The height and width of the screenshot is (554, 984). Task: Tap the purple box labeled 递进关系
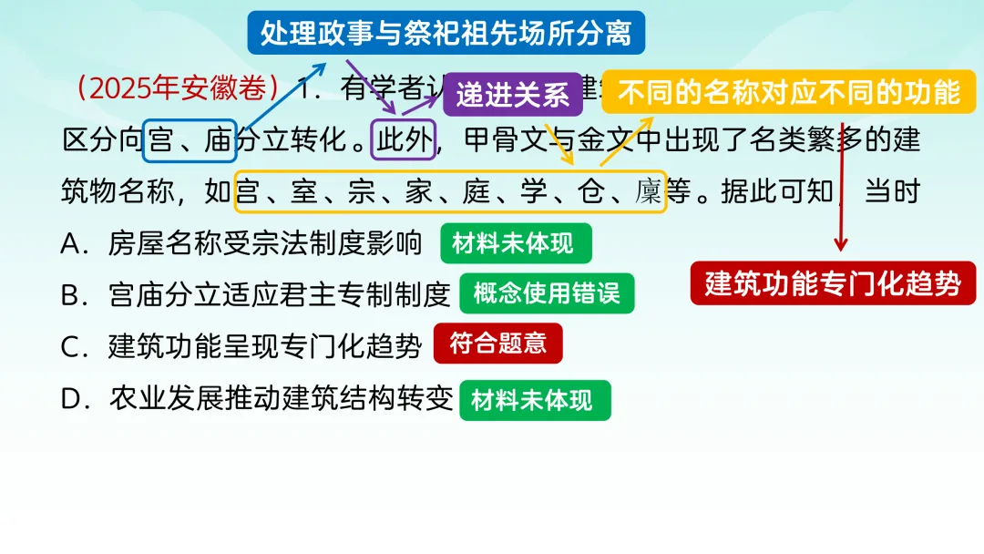click(512, 94)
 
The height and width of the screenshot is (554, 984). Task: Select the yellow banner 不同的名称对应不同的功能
click(788, 92)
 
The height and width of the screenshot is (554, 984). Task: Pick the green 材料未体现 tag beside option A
click(515, 243)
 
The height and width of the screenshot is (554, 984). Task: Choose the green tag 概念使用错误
click(547, 293)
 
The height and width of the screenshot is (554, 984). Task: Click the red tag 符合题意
click(497, 344)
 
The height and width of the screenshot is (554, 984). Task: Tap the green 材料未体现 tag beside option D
click(534, 400)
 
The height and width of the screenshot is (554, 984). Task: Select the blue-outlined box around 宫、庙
click(190, 140)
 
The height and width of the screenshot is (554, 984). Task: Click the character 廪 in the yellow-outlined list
click(648, 192)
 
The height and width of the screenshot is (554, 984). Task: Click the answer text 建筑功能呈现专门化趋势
click(265, 346)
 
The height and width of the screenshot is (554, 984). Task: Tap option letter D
click(72, 399)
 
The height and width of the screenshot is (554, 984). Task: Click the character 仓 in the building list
click(589, 192)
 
